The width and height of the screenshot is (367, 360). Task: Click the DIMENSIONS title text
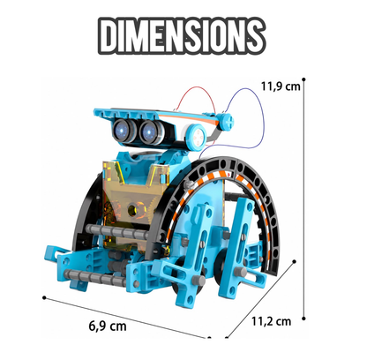pos(182,36)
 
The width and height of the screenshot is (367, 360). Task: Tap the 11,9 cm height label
pos(281,86)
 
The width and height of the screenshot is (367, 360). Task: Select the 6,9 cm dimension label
pos(108,326)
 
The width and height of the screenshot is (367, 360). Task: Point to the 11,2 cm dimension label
pos(271,321)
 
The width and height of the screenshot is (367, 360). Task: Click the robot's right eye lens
pos(149,131)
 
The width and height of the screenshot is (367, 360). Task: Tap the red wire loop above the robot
pos(196,99)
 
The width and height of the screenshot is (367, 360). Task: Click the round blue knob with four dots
pos(196,137)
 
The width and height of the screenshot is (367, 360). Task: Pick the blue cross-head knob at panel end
pos(227,121)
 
